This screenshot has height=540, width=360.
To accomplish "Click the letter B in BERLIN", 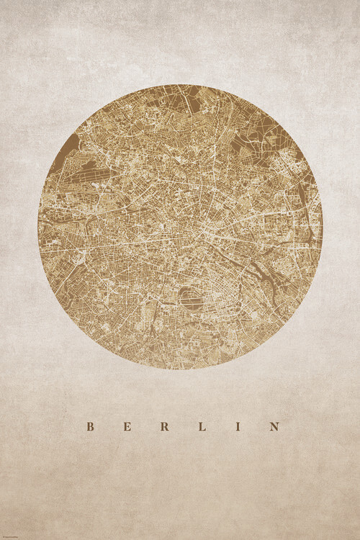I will point(91,426).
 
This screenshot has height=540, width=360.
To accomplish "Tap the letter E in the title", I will point(127,426).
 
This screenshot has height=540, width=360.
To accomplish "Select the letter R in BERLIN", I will point(164,426).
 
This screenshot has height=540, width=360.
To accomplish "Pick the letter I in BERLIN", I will point(238,426).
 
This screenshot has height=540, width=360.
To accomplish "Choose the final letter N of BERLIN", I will point(274,426).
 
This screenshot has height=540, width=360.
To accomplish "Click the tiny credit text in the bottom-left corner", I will point(14,534).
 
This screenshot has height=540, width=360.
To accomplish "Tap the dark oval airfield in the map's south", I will point(192,297).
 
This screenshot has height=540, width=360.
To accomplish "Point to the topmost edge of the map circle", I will point(180,86).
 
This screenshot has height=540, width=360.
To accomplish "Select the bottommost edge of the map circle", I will point(180,369).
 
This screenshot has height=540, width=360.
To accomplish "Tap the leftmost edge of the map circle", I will point(38,228).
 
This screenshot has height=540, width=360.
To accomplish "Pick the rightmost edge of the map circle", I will point(322,228).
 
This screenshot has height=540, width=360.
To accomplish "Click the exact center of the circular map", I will point(180,228).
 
